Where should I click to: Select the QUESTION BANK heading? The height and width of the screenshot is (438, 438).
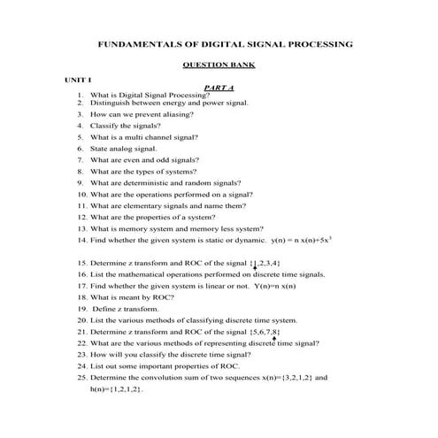tap(219, 65)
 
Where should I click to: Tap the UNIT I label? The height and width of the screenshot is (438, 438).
tap(77, 80)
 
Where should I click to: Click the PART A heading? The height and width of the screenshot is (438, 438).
tap(219, 88)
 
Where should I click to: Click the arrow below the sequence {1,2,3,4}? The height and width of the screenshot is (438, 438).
tap(255, 269)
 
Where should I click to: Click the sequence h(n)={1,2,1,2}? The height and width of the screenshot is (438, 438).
tap(116, 389)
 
